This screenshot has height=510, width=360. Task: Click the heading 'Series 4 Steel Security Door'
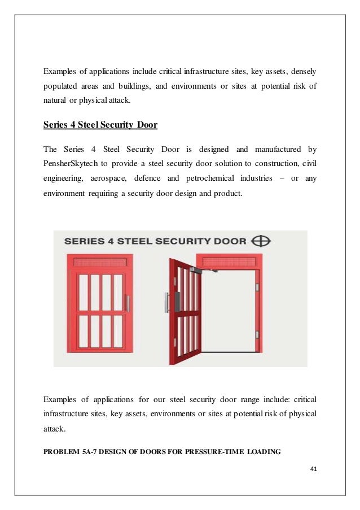[100, 124]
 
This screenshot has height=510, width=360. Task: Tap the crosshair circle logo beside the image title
[261, 241]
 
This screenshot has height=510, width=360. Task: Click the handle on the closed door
[128, 303]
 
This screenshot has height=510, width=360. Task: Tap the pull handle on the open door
[166, 302]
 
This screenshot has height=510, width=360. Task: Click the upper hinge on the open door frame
[256, 288]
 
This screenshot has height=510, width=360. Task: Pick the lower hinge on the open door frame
[256, 334]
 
